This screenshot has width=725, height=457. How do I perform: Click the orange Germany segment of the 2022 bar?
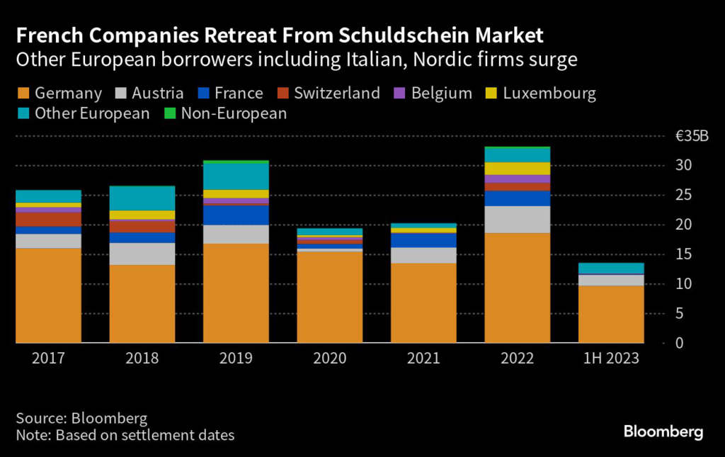pyautogui.click(x=517, y=288)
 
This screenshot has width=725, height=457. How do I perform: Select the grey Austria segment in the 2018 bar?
pyautogui.click(x=142, y=254)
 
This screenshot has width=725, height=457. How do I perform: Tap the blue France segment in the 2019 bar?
pyautogui.click(x=236, y=215)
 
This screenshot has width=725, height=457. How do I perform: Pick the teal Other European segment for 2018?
pyautogui.click(x=142, y=198)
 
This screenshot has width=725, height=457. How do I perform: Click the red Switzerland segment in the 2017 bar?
pyautogui.click(x=48, y=220)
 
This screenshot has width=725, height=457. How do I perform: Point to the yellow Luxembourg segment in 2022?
pyautogui.click(x=517, y=169)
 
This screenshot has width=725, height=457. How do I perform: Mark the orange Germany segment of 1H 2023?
pyautogui.click(x=610, y=314)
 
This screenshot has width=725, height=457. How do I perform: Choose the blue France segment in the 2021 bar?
pyautogui.click(x=423, y=240)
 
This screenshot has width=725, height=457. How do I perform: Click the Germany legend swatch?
pyautogui.click(x=22, y=94)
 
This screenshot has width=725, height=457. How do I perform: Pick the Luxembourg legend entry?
pyautogui.click(x=549, y=94)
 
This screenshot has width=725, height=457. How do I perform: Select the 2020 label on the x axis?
pyautogui.click(x=329, y=359)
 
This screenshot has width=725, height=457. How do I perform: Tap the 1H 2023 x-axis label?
pyautogui.click(x=610, y=359)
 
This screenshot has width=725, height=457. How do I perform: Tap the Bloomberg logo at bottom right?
pyautogui.click(x=663, y=431)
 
